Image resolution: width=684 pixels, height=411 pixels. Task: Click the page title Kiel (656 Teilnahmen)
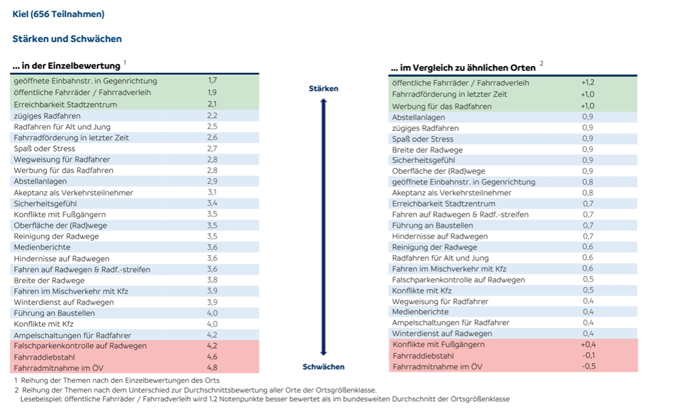pyautogui.click(x=59, y=14)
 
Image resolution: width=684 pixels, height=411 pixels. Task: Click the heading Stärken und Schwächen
pyautogui.click(x=67, y=39)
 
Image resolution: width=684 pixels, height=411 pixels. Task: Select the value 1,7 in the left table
pyautogui.click(x=213, y=81)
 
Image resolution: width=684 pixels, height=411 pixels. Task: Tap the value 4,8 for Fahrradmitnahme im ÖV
pyautogui.click(x=212, y=368)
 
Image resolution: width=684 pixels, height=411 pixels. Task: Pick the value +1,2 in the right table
pyautogui.click(x=588, y=82)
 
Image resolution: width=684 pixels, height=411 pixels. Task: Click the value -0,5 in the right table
pyautogui.click(x=588, y=366)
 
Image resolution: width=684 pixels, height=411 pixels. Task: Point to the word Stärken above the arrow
pyautogui.click(x=323, y=89)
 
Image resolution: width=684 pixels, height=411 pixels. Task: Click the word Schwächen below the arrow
pyautogui.click(x=323, y=367)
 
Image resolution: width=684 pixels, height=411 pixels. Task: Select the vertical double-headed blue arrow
pyautogui.click(x=323, y=227)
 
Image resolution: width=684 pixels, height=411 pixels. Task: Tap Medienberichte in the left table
pyautogui.click(x=42, y=247)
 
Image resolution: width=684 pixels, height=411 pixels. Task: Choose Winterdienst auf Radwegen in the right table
pyautogui.click(x=442, y=334)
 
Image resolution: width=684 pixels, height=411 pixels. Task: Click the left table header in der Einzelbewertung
pyautogui.click(x=66, y=66)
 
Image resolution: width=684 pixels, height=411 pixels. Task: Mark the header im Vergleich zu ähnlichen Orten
pyautogui.click(x=463, y=67)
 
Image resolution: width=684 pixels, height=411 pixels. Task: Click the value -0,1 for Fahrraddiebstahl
pyautogui.click(x=588, y=355)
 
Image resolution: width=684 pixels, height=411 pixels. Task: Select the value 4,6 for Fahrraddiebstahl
pyautogui.click(x=212, y=357)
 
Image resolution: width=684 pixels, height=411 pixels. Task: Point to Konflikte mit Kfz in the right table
pyautogui.click(x=422, y=291)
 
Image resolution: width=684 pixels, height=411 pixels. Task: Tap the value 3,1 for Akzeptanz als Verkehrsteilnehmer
pyautogui.click(x=212, y=193)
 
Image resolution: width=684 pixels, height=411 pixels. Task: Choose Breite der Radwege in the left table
pyautogui.click(x=49, y=281)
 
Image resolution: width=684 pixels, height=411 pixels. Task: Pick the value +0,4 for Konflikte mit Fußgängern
pyautogui.click(x=588, y=344)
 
